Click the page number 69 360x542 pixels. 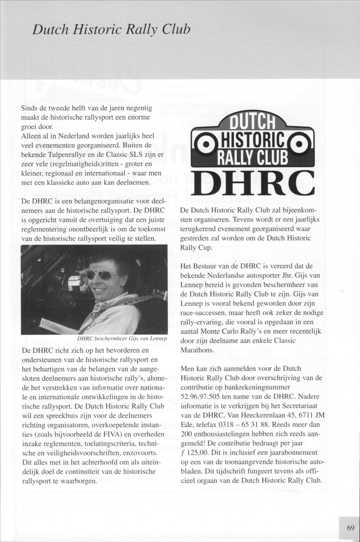351,528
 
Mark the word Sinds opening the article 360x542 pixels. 29,108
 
